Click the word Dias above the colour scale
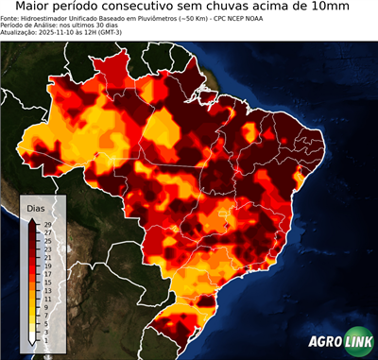click(36, 208)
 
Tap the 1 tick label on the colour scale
click(46, 333)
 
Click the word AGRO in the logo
click(324, 343)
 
